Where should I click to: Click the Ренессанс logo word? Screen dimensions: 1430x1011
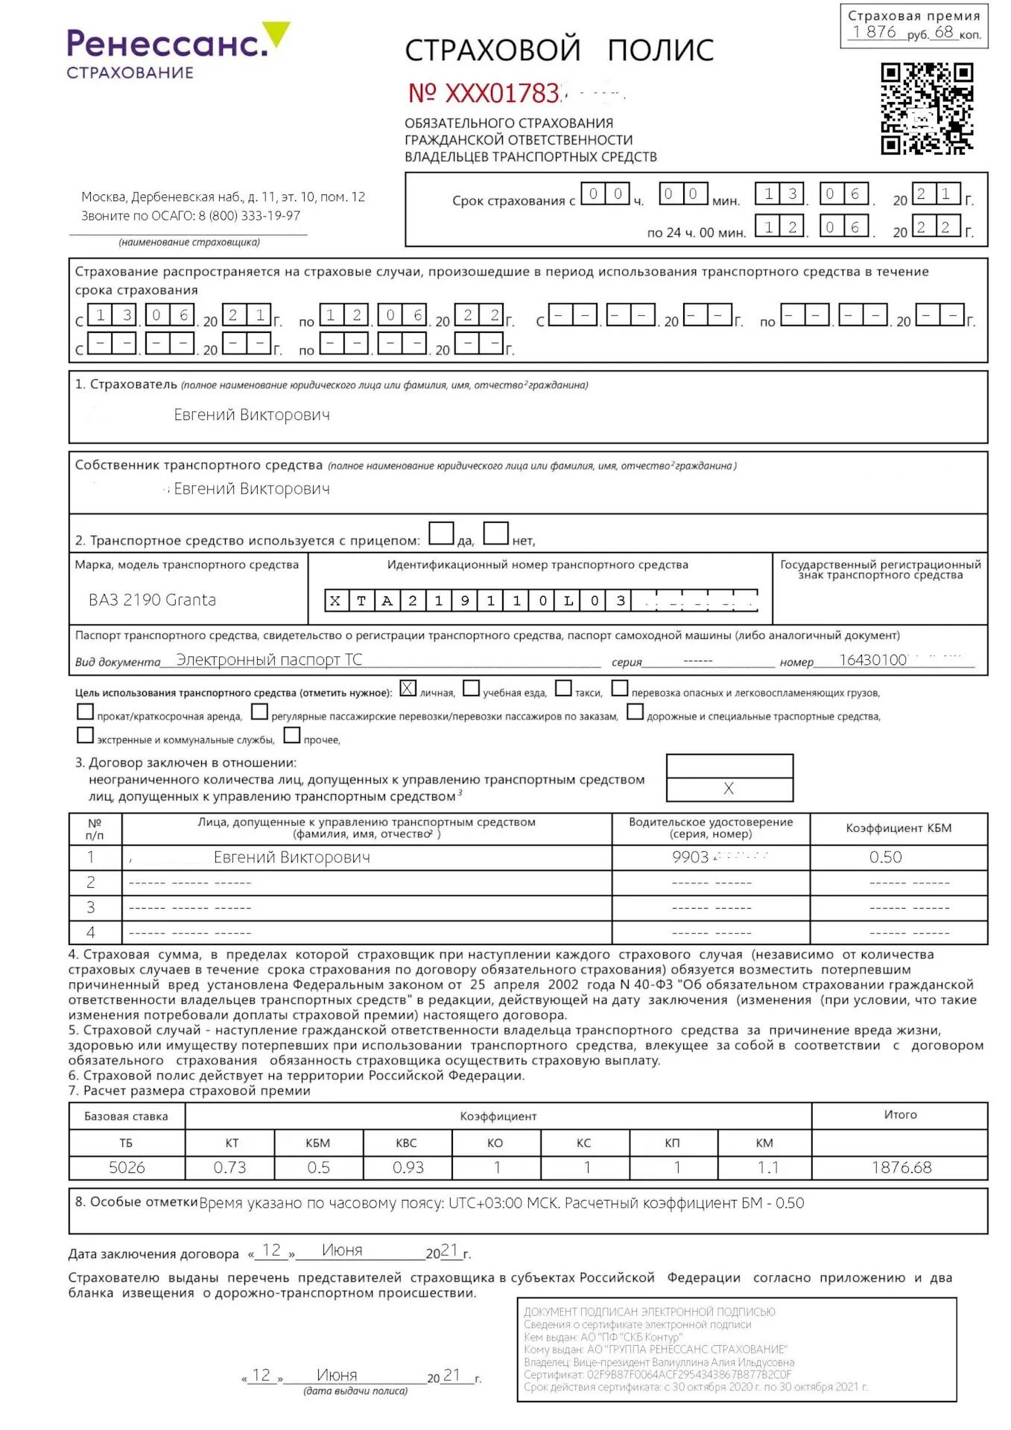(166, 44)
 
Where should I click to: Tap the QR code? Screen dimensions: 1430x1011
(926, 109)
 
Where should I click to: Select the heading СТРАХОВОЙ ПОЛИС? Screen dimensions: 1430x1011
(559, 50)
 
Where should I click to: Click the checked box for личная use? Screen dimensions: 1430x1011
(408, 688)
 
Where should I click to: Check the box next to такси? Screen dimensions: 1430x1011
(564, 688)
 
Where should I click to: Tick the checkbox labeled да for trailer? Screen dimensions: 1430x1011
(441, 533)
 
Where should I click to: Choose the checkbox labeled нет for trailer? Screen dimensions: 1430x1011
(496, 533)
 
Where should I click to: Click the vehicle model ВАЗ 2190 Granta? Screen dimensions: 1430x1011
(152, 600)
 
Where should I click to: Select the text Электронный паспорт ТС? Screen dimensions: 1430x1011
(269, 660)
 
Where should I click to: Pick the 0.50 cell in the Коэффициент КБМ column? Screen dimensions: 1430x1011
(885, 857)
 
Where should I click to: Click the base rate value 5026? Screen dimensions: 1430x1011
(127, 1168)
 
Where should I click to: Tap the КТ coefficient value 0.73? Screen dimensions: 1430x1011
(229, 1168)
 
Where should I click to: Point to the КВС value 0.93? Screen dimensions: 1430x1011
(408, 1168)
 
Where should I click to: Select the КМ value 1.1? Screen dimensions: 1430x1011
(767, 1168)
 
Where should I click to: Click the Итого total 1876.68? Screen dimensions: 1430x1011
(901, 1168)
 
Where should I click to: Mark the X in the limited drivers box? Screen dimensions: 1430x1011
(729, 789)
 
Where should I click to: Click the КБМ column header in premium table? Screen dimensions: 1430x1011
(318, 1143)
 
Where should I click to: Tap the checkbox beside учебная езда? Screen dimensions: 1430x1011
(471, 688)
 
